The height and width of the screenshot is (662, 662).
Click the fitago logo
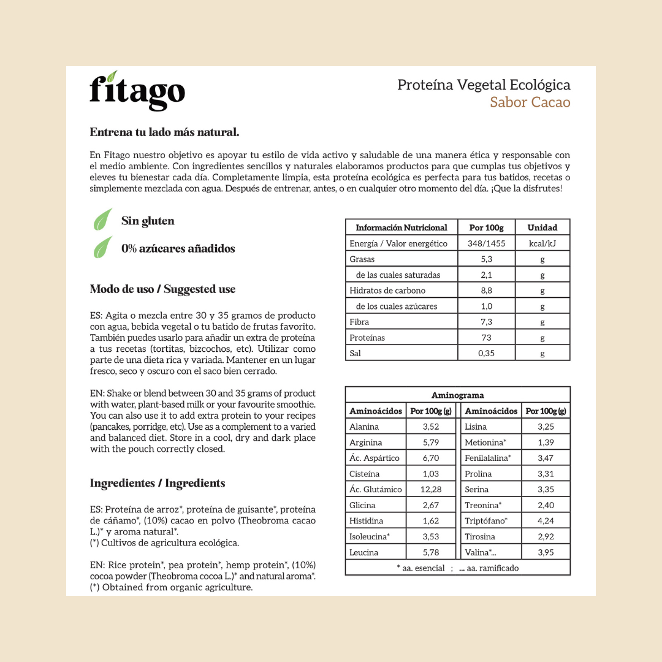(x=137, y=91)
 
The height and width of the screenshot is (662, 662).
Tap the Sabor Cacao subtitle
(x=530, y=102)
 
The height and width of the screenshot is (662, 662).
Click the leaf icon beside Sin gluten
(x=102, y=220)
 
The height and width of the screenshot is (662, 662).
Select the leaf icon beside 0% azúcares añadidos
(x=102, y=247)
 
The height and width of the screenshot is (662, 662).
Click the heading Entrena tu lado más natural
(x=164, y=132)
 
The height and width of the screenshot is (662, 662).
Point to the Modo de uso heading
(x=162, y=289)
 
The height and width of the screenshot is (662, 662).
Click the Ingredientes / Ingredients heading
(x=158, y=483)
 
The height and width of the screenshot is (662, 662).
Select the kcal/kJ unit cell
(x=542, y=243)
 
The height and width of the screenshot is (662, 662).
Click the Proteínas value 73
(x=486, y=338)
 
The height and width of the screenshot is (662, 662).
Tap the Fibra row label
(x=359, y=322)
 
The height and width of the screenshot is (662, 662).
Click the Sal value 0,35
(x=486, y=353)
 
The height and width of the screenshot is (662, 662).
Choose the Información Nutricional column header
(x=401, y=227)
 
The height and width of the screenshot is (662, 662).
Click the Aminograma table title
(x=457, y=395)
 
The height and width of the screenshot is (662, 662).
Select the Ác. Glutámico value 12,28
(x=431, y=489)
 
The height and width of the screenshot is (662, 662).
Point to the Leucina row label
(x=364, y=552)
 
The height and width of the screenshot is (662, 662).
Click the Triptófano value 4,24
(x=546, y=521)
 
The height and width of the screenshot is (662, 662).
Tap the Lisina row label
(x=476, y=427)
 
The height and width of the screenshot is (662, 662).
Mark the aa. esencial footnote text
(x=421, y=568)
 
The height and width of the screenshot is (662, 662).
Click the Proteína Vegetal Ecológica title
(x=484, y=85)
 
